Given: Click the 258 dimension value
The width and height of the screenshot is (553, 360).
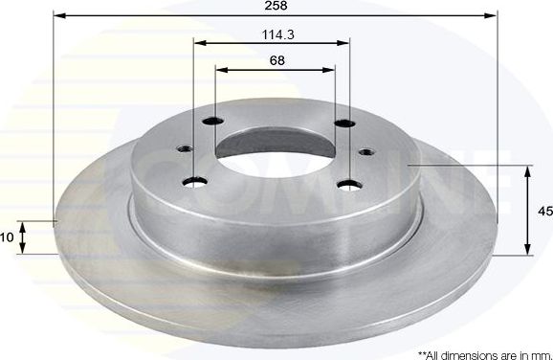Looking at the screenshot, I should click(276, 6).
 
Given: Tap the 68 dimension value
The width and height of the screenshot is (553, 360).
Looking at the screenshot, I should click(276, 59).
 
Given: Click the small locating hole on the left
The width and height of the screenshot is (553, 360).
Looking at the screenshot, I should click(182, 149).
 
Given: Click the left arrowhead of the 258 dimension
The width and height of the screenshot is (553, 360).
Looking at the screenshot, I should click(56, 15).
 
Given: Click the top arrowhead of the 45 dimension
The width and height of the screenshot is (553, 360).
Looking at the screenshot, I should click(527, 169).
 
